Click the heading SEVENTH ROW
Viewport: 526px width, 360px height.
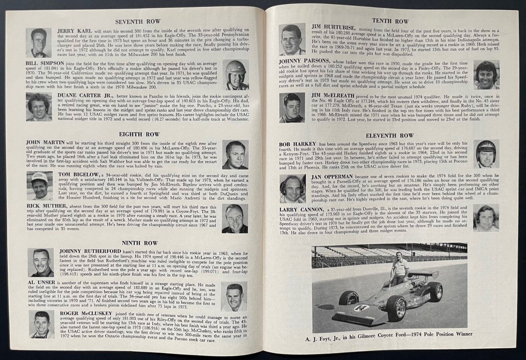138,22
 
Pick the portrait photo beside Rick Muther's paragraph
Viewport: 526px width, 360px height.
235,218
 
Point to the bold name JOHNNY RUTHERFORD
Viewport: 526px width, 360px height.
90,251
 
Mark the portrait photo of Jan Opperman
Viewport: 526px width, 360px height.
293,189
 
